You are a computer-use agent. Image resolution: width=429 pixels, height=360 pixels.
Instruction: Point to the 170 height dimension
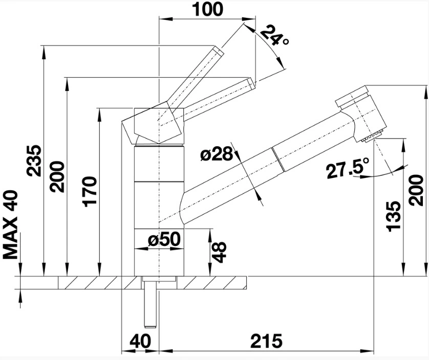point(90,192)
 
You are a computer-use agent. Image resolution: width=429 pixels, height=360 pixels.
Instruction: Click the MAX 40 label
point(10,224)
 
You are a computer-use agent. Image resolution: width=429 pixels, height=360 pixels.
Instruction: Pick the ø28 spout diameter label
point(217,153)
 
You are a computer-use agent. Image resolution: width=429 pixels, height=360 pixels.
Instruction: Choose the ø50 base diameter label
point(164,239)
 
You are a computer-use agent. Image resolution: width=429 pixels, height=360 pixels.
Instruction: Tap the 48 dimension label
point(219,252)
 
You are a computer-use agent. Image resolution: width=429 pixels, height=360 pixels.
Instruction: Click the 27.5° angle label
point(348,169)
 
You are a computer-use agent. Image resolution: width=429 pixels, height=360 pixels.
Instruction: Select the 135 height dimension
point(394,216)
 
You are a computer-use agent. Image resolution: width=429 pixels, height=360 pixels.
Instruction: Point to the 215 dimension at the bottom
point(266,341)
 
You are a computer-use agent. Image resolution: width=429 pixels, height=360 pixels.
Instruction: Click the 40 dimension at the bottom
point(140,341)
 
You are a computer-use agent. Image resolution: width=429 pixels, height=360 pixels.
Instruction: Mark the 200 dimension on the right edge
point(416,191)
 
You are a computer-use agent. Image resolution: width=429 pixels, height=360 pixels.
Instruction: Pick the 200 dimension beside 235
point(57,177)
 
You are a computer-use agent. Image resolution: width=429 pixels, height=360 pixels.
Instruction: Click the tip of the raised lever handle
point(219,51)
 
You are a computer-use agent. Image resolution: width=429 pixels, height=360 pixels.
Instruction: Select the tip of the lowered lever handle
point(251,83)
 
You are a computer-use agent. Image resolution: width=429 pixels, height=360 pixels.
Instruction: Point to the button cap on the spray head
point(352,97)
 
